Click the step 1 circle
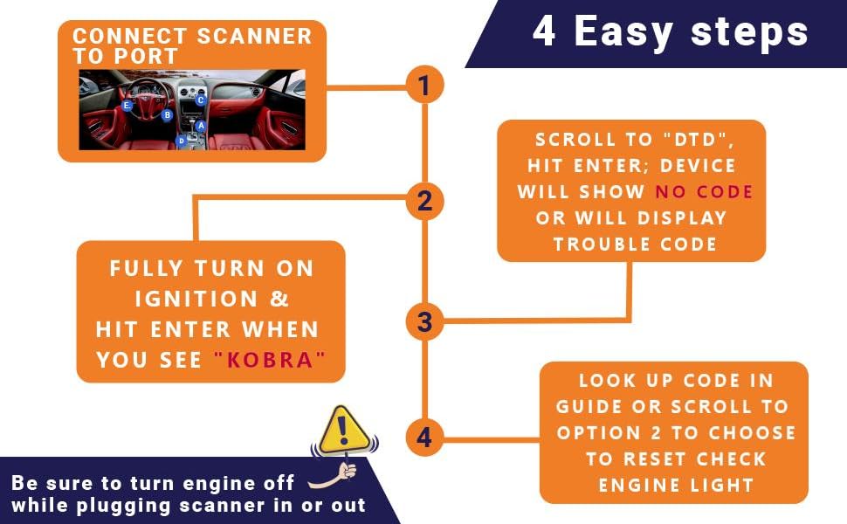coord(424,86)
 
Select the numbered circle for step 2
coord(424,202)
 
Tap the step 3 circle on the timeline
coord(424,321)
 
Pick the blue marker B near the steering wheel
coord(167,114)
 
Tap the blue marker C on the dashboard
coord(200,100)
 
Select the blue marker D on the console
coord(182,140)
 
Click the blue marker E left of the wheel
coord(127,106)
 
